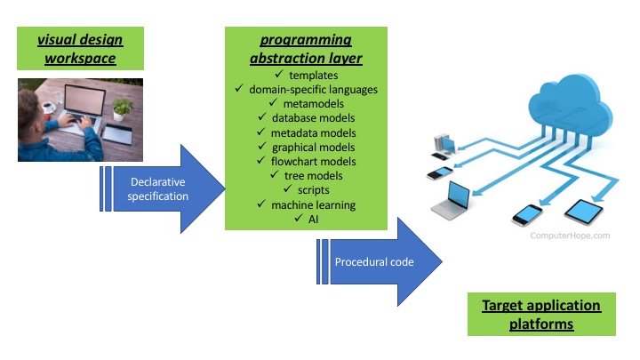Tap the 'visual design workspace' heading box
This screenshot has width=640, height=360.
click(79, 49)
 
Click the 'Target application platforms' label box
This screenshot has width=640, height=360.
click(540, 315)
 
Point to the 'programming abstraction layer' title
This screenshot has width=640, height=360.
click(305, 50)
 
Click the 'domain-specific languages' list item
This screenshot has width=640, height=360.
click(312, 90)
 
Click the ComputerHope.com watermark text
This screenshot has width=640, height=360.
click(570, 236)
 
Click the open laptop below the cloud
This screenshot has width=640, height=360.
click(451, 201)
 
